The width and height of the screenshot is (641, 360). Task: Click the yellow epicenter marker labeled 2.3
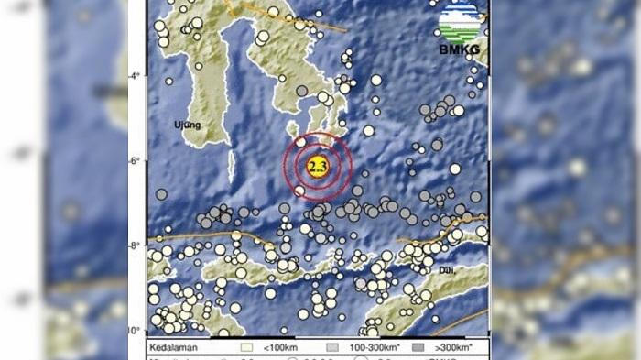click(x=318, y=166)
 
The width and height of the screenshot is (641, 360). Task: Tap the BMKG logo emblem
click(x=459, y=22)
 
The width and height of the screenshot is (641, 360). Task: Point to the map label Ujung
click(x=187, y=124)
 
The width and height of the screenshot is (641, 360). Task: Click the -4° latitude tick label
click(x=136, y=76)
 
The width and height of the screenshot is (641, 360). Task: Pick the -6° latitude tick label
click(x=136, y=161)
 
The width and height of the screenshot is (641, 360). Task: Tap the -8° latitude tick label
click(x=136, y=245)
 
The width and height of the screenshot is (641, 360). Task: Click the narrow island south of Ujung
click(x=232, y=166)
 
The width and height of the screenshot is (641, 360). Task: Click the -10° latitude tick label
click(x=136, y=330)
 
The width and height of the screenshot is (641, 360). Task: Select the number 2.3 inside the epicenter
click(x=318, y=166)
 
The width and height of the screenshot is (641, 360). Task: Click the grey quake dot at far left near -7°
click(x=161, y=194)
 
